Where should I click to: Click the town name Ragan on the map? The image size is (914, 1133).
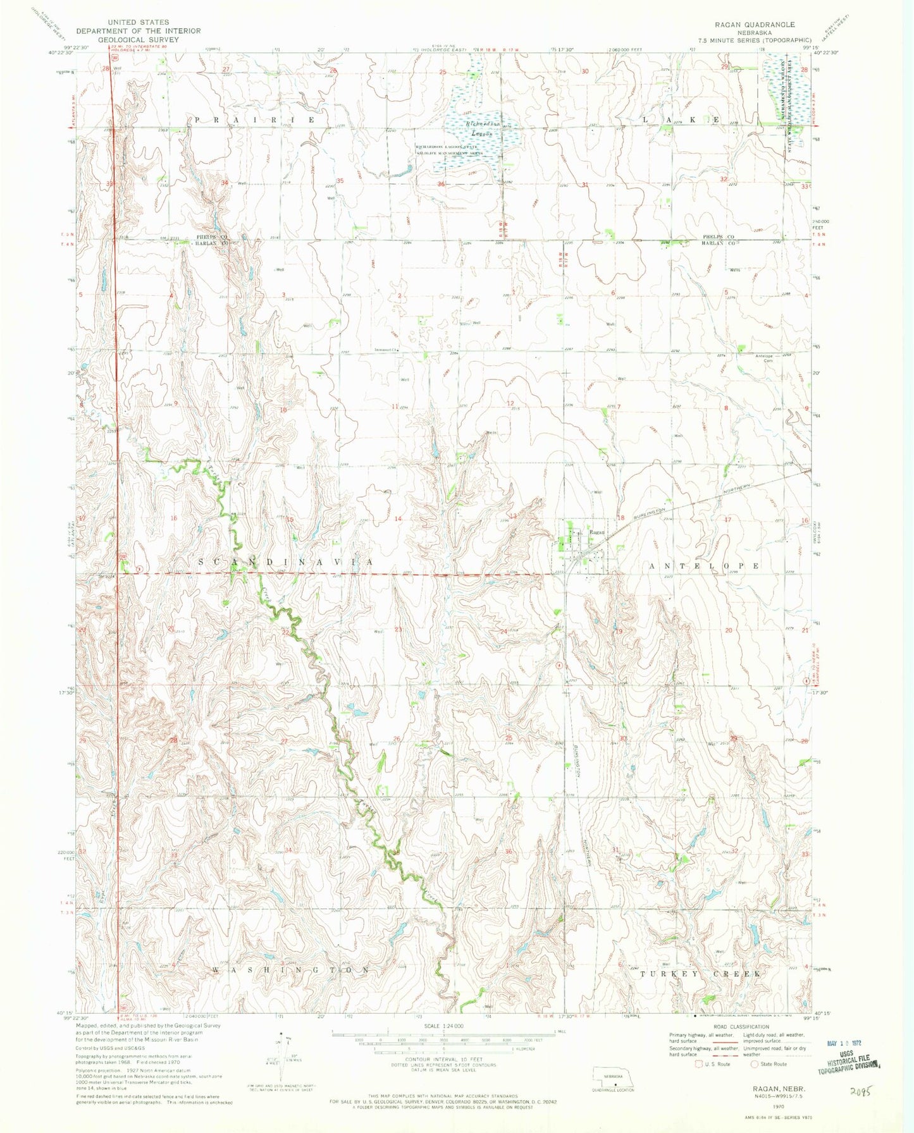tap(597, 532)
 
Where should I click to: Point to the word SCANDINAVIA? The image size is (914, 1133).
tap(287, 561)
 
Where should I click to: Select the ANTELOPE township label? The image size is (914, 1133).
tap(704, 566)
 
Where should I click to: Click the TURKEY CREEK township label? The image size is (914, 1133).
tap(700, 974)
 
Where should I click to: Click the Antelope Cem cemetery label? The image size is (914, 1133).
tap(765, 358)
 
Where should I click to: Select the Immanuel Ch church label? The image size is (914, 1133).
tap(387, 348)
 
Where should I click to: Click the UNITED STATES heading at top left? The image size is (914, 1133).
tap(139, 22)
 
